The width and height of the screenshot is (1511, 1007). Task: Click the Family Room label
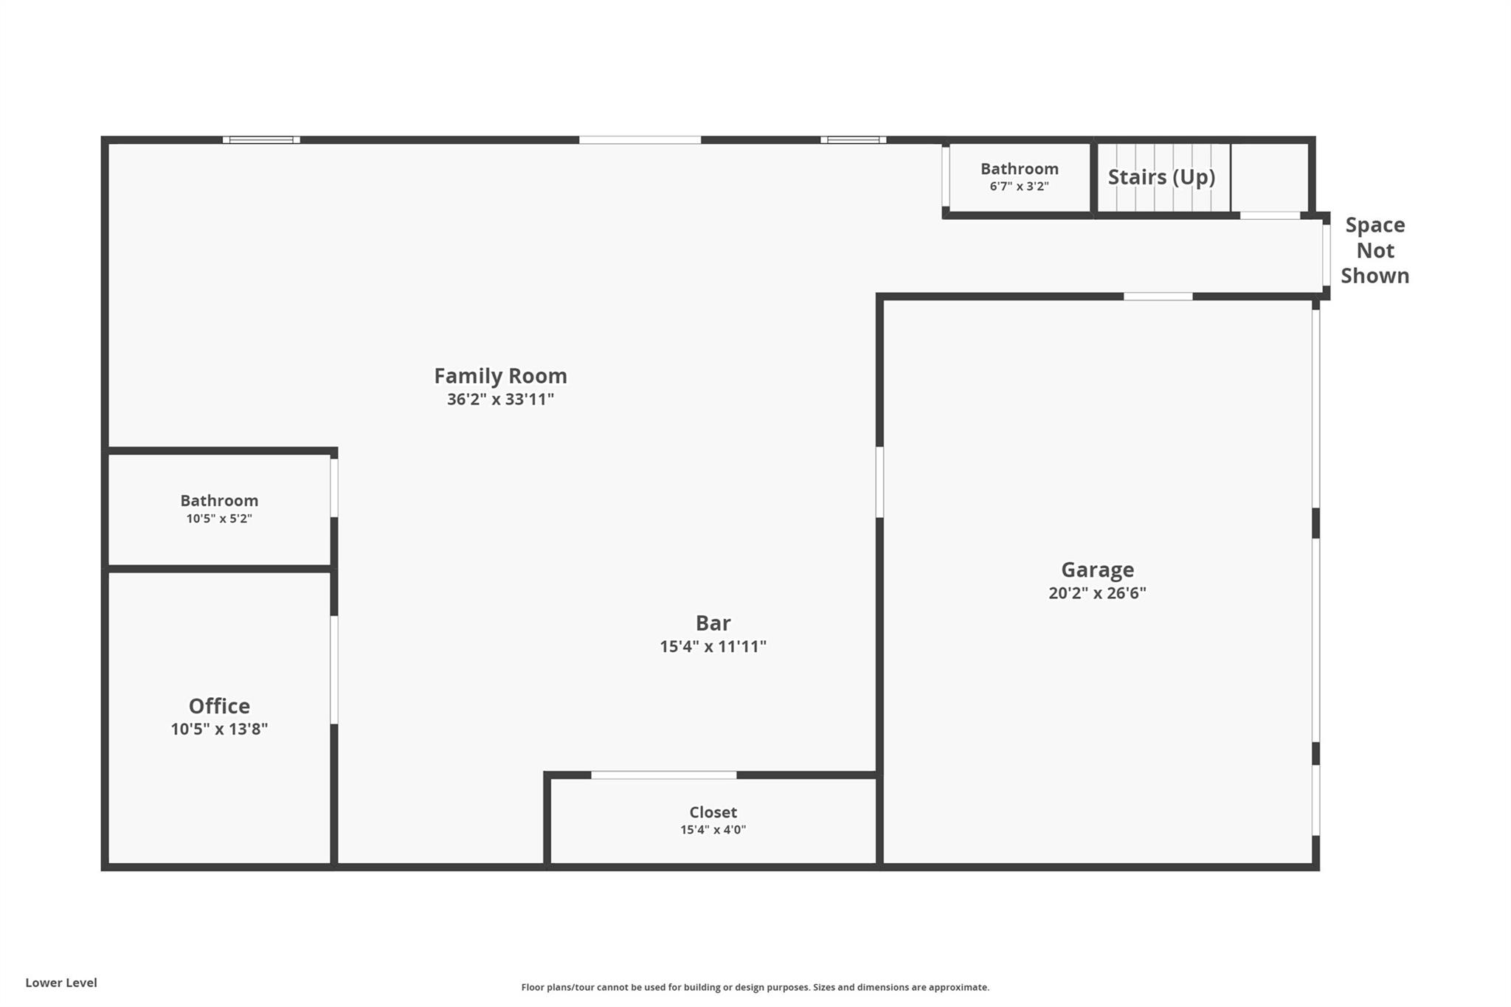pos(500,376)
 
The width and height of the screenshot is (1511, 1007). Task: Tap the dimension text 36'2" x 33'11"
pos(500,400)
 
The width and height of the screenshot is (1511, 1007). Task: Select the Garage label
pos(1097,570)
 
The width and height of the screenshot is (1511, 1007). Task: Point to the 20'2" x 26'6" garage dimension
pos(1097,593)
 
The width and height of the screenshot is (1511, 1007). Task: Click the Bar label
pos(713,623)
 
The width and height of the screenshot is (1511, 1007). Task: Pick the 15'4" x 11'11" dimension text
pos(713,647)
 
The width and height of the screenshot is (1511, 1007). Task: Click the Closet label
pos(713,812)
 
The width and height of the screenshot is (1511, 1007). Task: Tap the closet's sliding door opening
pos(663,775)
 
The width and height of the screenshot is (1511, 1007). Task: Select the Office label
pos(219,706)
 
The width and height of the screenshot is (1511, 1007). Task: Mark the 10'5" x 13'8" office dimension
pos(219,730)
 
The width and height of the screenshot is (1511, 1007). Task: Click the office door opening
pos(334,670)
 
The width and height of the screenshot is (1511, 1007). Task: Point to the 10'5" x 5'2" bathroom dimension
pos(219,519)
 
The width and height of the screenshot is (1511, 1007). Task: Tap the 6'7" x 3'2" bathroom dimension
pos(1019,187)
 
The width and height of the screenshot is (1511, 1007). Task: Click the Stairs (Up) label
pos(1161,177)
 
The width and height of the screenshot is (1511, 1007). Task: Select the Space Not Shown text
pos(1375,250)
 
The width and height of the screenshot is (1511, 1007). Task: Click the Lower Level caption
pos(61,983)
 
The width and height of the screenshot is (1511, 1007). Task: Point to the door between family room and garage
pos(879,482)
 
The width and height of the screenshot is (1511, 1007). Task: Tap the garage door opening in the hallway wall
pos(1158,297)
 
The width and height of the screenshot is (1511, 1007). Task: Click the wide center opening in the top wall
pos(640,139)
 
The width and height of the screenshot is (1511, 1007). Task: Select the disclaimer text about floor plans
pos(755,987)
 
